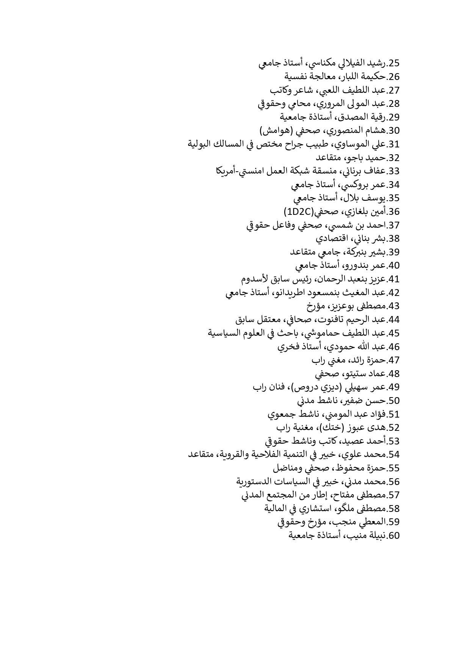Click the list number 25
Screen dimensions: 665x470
[392, 63]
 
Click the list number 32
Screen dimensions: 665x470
[392, 158]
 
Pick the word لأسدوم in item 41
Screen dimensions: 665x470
[255, 279]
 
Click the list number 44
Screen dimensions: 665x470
[392, 319]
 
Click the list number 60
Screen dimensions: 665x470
[392, 535]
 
